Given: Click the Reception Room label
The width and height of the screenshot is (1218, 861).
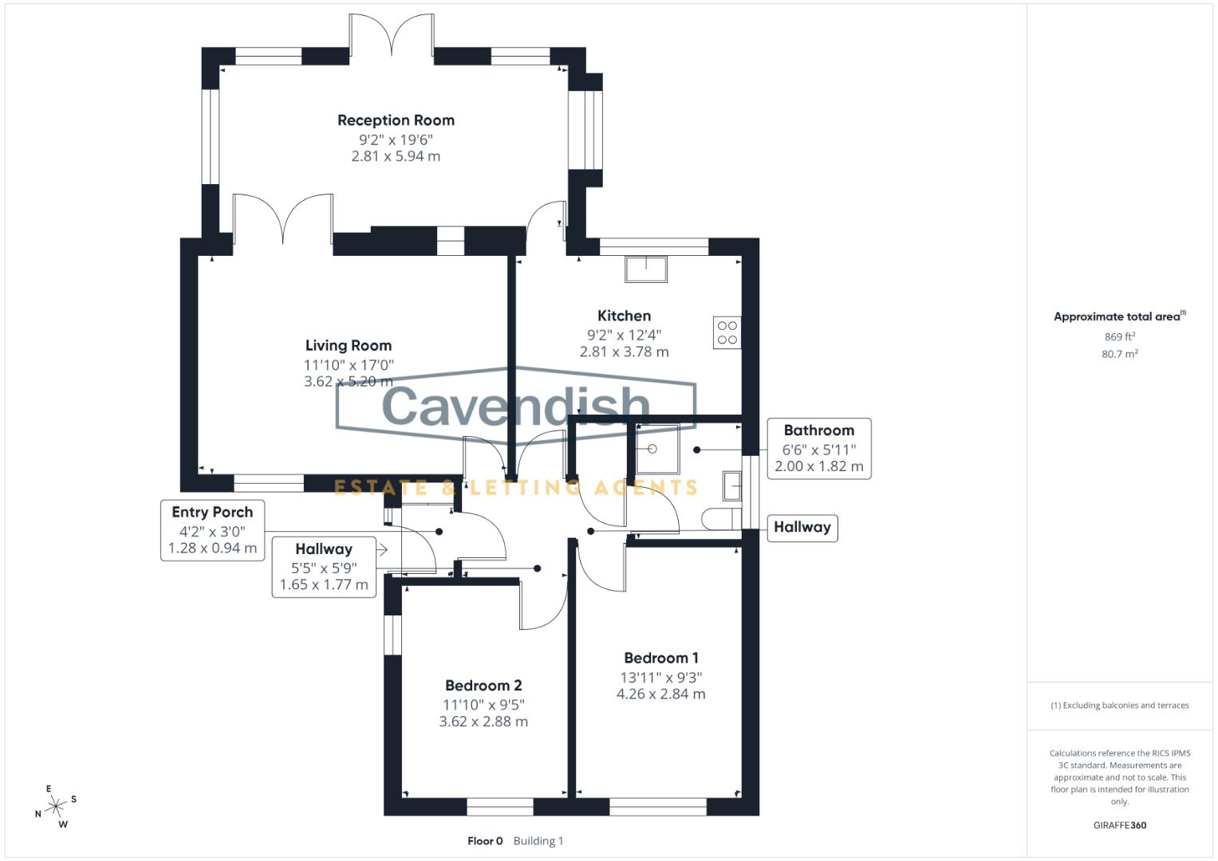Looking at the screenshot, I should tap(396, 120).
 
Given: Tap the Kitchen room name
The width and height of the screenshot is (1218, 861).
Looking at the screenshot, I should tap(624, 316).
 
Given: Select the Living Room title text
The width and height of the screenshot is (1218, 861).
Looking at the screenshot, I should tap(349, 345).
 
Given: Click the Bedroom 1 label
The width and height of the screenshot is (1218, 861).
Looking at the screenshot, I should tap(661, 658).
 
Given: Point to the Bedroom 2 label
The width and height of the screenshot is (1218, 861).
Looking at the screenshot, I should tap(483, 686).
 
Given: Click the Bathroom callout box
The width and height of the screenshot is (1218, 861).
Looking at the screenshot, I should tap(818, 448).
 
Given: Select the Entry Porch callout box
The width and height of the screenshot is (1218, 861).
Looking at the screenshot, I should tap(212, 530).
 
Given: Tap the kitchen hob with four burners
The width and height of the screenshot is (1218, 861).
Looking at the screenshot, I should tap(727, 332).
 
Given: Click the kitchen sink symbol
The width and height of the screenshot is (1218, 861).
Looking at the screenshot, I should tap(646, 269).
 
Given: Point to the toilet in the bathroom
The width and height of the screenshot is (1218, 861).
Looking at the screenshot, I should tap(719, 519).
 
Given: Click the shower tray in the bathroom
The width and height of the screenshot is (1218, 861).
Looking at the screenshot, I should tap(657, 450).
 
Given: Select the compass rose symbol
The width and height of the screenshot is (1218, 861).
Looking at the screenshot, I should tap(55, 807).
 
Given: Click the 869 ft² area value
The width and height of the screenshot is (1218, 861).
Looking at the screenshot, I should tap(1119, 337).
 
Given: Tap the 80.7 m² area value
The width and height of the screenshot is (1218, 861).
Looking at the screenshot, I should tap(1119, 354).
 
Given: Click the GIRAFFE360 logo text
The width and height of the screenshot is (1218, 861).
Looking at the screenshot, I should tap(1119, 825).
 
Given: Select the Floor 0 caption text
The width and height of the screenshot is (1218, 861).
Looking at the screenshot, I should tap(485, 841).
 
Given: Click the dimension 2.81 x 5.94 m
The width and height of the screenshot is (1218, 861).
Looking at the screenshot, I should tap(396, 156).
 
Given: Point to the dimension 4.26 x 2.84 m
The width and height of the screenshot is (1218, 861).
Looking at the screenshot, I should tap(660, 694).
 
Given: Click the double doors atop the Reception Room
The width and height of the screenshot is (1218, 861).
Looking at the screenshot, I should tap(392, 37).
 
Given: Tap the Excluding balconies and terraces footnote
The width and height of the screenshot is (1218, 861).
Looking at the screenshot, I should tap(1119, 706).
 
